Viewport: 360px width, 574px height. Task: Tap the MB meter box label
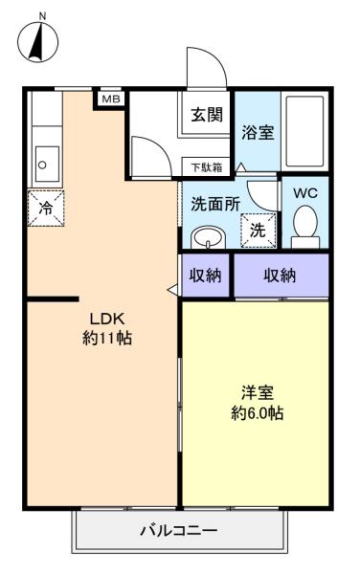click(x=111, y=99)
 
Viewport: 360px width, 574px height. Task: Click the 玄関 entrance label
click(x=207, y=115)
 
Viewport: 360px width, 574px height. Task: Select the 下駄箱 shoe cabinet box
click(x=207, y=167)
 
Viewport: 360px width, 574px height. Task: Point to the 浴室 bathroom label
click(x=258, y=132)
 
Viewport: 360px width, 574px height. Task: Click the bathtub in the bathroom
click(x=304, y=131)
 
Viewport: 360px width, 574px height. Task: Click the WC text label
click(x=305, y=193)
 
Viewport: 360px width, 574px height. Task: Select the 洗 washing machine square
click(x=259, y=231)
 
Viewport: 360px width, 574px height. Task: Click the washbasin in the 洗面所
click(x=208, y=237)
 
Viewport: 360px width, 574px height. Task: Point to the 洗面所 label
click(x=215, y=204)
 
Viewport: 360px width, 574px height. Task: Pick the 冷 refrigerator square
click(x=46, y=209)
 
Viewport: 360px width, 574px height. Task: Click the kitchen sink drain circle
click(x=42, y=166)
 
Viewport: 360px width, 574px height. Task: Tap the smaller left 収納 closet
click(x=206, y=275)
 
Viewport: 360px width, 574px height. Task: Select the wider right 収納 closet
click(x=281, y=275)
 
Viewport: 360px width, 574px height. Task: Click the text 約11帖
click(x=107, y=338)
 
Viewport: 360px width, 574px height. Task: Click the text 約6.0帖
click(x=258, y=413)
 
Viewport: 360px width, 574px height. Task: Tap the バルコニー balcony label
click(x=179, y=530)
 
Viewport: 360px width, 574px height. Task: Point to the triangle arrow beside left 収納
click(x=172, y=290)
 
